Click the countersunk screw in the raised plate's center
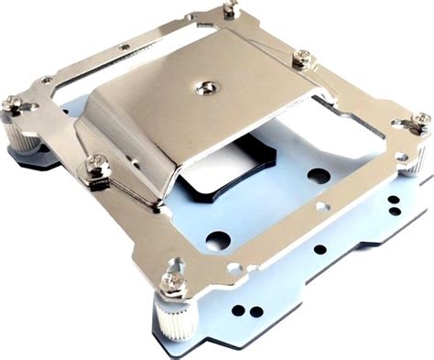point(203,88)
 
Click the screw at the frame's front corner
point(172,283)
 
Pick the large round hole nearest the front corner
point(218,241)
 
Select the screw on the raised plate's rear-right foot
point(301,59)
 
